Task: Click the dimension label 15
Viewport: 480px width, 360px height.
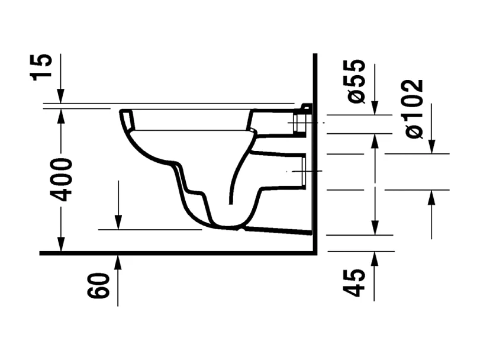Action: tap(43, 66)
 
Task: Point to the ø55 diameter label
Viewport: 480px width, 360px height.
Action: tap(356, 82)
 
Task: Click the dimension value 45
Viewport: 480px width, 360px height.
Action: tap(355, 283)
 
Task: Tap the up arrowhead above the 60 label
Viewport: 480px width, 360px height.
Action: tap(118, 261)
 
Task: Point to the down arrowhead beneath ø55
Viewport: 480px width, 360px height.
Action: tap(374, 108)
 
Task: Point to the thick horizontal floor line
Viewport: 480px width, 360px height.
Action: tap(178, 253)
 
